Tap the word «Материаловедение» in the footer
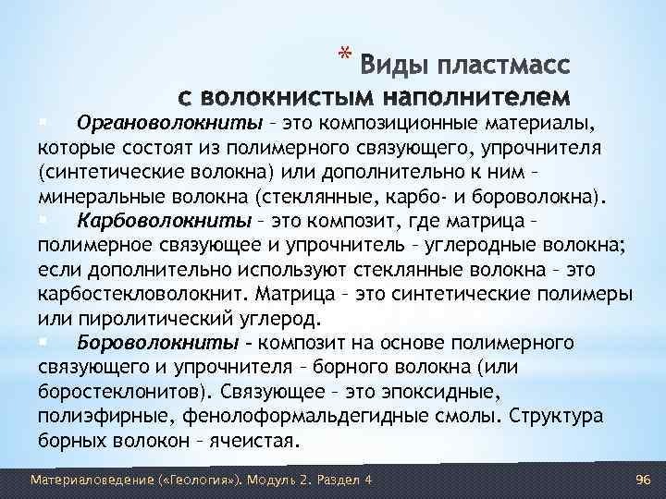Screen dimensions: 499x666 pyautogui.click(x=82, y=480)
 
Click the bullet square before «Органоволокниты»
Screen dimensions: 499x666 pyautogui.click(x=43, y=123)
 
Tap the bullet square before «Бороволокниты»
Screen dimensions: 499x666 pyautogui.click(x=43, y=342)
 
